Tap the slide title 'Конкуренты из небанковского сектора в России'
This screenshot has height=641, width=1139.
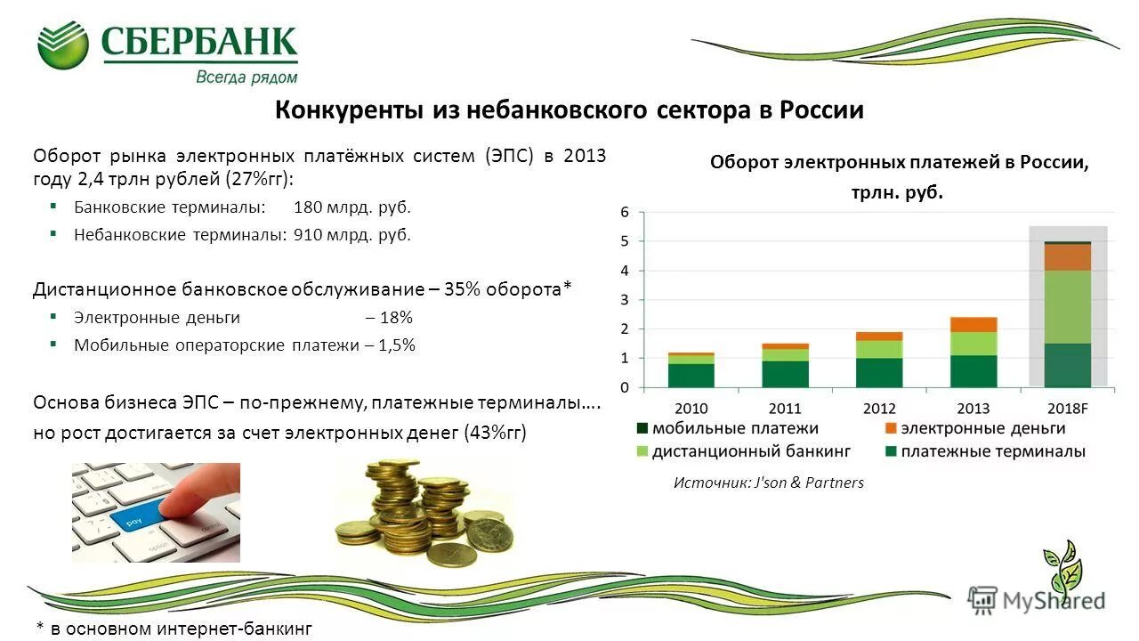569,110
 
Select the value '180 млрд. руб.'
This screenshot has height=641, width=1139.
352,207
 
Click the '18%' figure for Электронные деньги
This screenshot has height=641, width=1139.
397,317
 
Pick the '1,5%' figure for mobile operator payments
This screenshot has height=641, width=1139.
397,345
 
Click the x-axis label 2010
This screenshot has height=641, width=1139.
691,409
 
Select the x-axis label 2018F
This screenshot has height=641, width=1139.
1067,409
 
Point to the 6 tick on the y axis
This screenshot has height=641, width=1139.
625,213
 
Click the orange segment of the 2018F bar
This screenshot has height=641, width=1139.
1067,257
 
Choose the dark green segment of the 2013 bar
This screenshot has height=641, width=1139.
973,371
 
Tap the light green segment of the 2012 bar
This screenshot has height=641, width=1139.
879,349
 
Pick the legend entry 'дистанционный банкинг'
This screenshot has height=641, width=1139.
751,451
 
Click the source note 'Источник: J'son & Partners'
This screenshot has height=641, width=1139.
768,483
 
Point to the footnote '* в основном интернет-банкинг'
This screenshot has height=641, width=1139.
174,629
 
